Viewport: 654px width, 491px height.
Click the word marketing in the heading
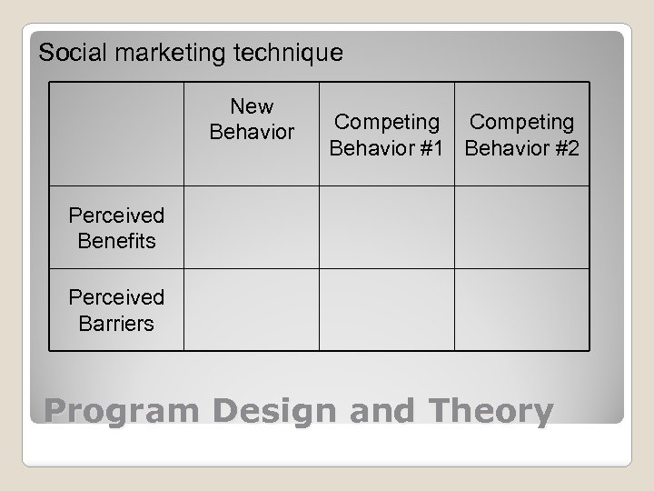(162, 53)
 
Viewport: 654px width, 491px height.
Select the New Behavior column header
(252, 120)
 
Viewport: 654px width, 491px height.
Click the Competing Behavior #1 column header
(387, 134)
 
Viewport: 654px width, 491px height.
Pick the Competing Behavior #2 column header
(522, 134)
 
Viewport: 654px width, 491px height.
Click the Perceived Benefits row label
(116, 228)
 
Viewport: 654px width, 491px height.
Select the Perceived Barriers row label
(116, 310)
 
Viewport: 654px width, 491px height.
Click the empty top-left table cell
(116, 134)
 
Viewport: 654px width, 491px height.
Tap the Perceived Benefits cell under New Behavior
(252, 228)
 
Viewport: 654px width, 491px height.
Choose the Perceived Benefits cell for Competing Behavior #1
(387, 228)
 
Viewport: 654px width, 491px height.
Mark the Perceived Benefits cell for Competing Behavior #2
(522, 228)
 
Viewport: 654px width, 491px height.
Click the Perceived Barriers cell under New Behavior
(252, 310)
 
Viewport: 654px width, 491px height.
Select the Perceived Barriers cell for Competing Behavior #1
(387, 310)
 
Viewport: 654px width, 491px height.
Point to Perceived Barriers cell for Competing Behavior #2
(522, 310)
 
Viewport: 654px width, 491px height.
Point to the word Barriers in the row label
(116, 323)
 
